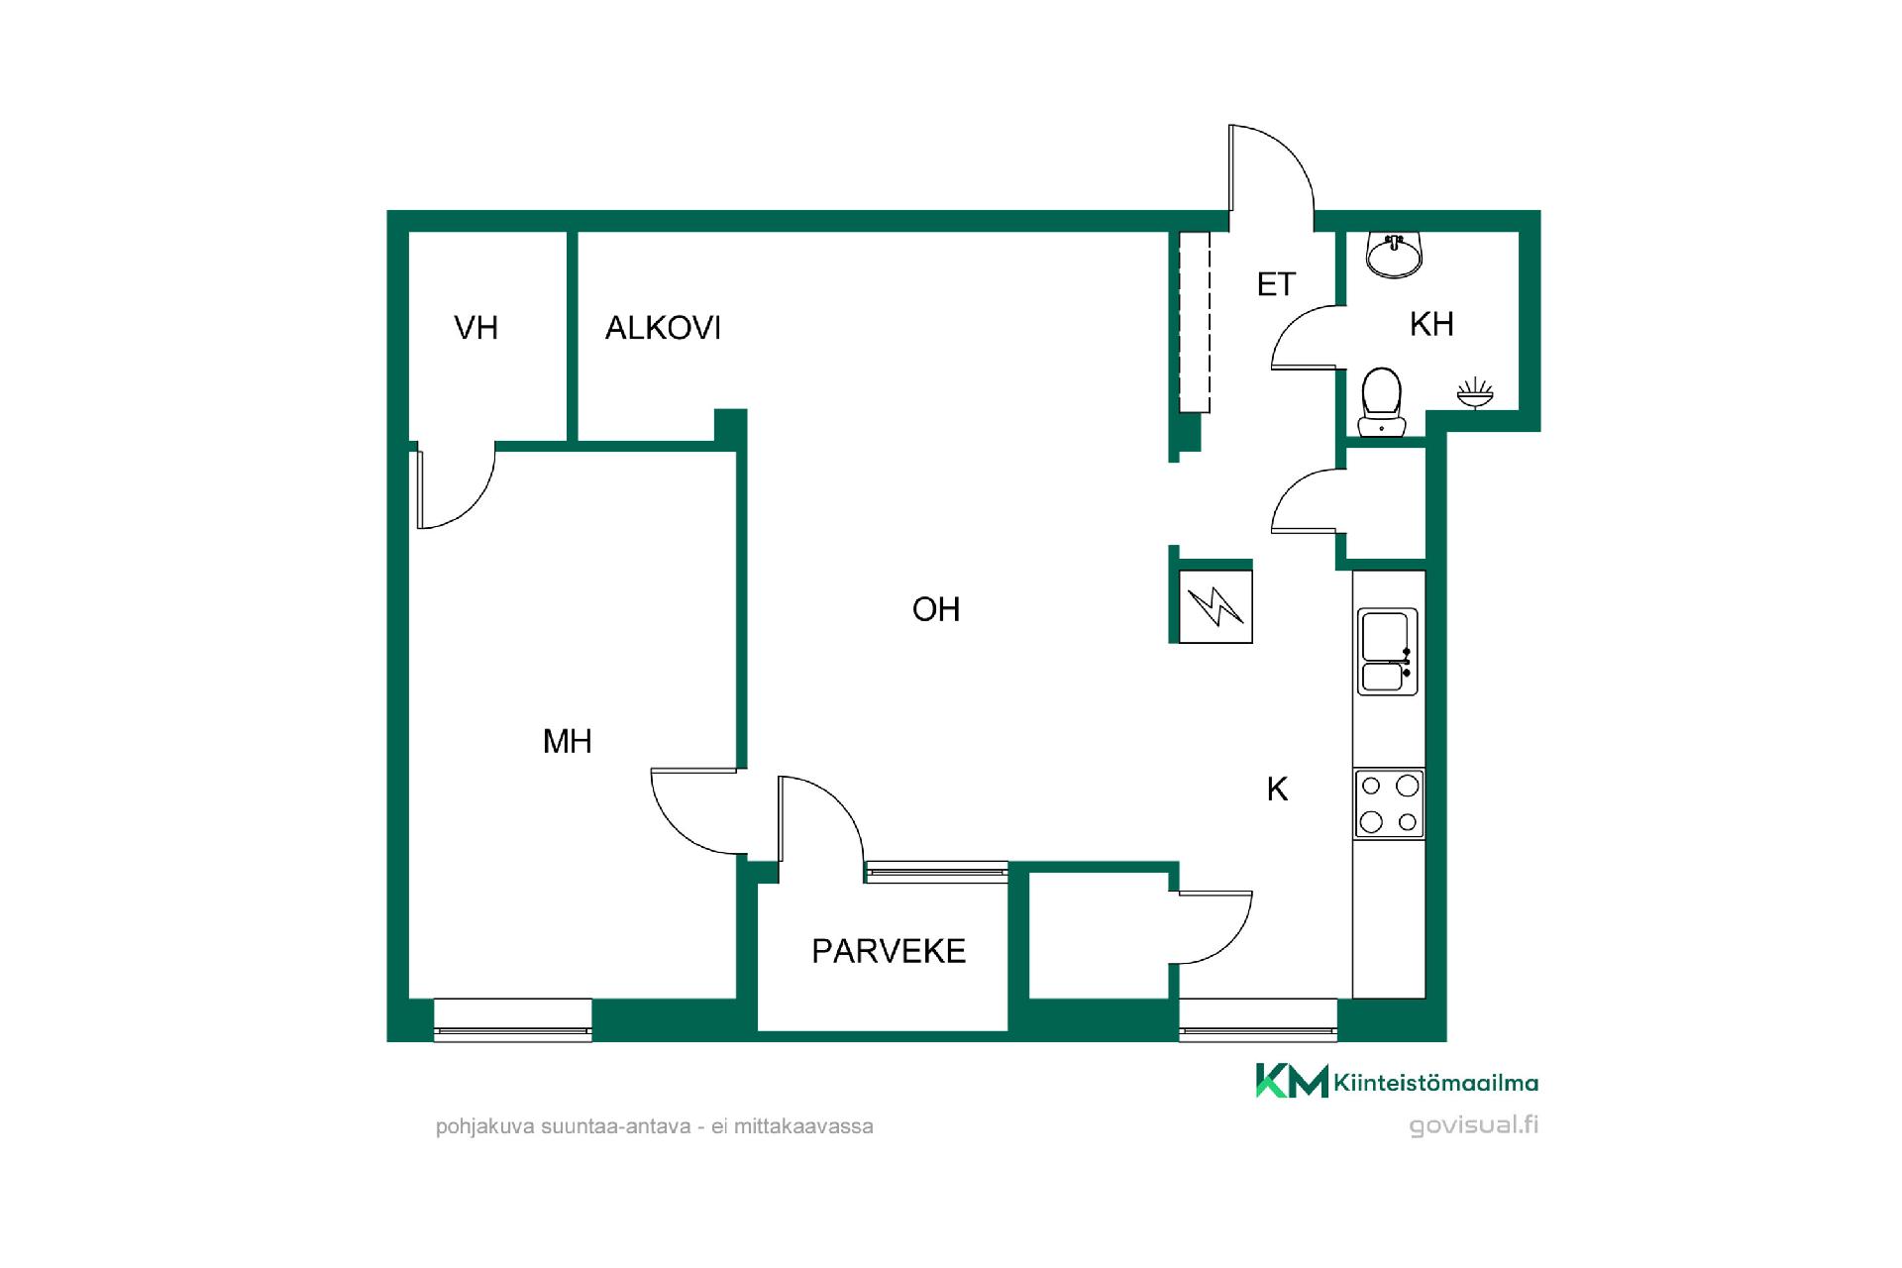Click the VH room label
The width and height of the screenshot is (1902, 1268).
tap(475, 328)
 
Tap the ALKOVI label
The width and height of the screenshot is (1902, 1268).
tap(663, 328)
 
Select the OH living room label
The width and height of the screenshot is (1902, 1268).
tap(936, 609)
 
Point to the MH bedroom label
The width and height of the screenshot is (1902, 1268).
tap(568, 741)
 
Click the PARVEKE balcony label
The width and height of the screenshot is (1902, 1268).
tap(889, 951)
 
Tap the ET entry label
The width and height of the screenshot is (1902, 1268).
tap(1276, 285)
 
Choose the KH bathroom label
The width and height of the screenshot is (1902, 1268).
tap(1431, 324)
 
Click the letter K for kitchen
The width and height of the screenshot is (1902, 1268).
tap(1278, 790)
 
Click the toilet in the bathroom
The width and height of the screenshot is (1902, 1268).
tap(1382, 402)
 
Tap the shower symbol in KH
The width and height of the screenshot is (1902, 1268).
tap(1475, 393)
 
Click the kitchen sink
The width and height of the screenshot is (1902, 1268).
tap(1387, 651)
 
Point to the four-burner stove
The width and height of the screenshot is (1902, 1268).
tap(1389, 803)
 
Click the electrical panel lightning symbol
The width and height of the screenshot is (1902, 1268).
tap(1215, 607)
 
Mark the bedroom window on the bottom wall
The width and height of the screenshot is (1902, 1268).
tap(513, 1019)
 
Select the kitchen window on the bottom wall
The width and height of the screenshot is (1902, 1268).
tap(1258, 1019)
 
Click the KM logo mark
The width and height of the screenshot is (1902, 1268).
tap(1292, 1081)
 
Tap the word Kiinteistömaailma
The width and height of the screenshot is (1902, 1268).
tap(1436, 1083)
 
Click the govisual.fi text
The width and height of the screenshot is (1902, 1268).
tap(1474, 1126)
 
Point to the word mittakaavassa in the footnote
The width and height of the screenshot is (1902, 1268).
tap(803, 1126)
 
